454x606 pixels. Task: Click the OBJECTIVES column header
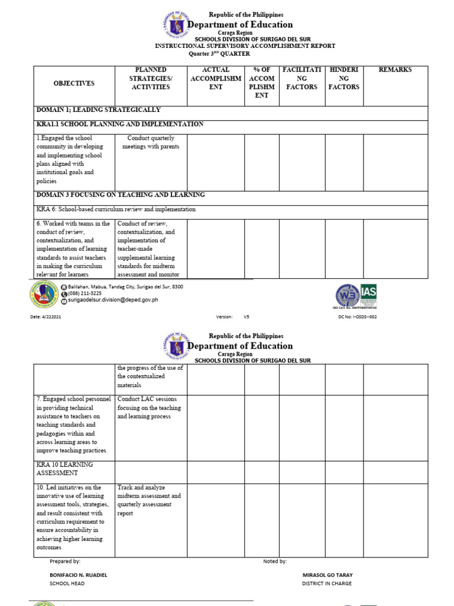click(74, 83)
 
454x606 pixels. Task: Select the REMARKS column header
click(395, 70)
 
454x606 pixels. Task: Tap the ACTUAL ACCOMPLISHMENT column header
click(216, 78)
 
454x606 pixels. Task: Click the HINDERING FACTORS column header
click(344, 78)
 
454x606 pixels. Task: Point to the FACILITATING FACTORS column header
click(301, 78)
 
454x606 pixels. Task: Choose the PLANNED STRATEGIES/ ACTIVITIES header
click(151, 78)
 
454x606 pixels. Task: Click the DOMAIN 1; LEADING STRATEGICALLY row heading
click(98, 110)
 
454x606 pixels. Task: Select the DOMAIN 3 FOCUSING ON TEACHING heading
click(121, 195)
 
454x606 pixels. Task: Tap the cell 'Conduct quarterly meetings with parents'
click(151, 143)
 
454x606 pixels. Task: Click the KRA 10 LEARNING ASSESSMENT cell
click(64, 469)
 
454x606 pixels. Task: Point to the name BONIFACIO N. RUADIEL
click(79, 575)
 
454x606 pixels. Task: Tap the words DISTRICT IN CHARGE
click(326, 584)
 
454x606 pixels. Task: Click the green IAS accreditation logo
click(369, 295)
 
